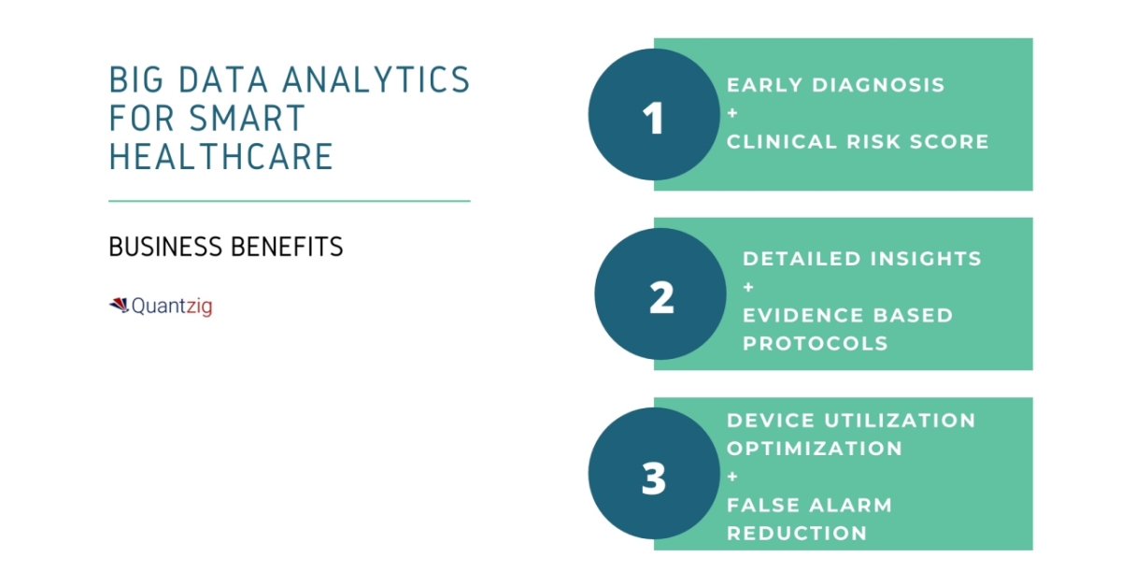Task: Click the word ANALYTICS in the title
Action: [376, 79]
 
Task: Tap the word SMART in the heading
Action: [248, 118]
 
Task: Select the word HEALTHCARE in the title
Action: [220, 156]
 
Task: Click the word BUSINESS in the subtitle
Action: [165, 247]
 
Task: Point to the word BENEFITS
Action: [287, 247]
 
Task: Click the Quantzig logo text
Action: [172, 306]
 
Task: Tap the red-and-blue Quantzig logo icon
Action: [120, 305]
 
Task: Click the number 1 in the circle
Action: [653, 118]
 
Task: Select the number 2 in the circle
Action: [661, 297]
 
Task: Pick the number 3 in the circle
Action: [654, 479]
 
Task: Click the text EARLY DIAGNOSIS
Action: [835, 85]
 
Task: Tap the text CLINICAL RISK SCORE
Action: [858, 142]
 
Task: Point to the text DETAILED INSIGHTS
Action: [861, 259]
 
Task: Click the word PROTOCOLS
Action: [816, 344]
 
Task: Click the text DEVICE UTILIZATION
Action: [851, 421]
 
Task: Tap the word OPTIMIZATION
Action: [815, 449]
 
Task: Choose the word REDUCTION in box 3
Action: [797, 534]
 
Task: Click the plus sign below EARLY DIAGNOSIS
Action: [732, 114]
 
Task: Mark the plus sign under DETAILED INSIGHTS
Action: [748, 288]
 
